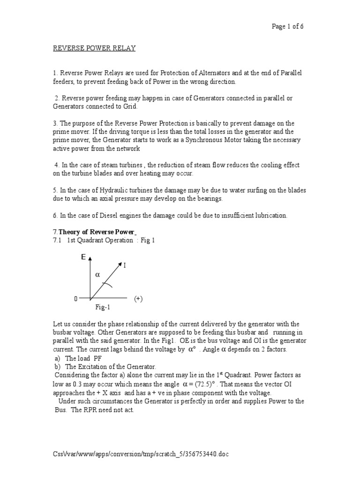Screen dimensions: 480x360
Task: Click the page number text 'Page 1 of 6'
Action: pos(288,26)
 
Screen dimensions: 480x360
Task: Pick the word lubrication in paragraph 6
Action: pos(266,216)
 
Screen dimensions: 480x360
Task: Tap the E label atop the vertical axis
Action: pos(83,257)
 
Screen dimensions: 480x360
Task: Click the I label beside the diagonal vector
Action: pos(125,265)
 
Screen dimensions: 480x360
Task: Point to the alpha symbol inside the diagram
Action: pos(97,275)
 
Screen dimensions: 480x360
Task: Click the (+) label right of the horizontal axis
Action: pos(138,299)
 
